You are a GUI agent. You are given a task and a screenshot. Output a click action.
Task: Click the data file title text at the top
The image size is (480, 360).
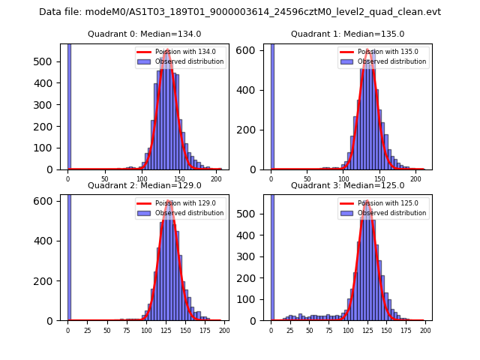tap(240, 12)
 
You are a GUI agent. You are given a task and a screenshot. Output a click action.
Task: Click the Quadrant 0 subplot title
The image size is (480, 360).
tap(145, 34)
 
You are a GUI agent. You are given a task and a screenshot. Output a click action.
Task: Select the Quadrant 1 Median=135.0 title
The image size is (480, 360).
tap(347, 34)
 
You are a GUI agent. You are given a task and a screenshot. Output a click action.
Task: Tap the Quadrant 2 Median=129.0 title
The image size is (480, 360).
tap(145, 185)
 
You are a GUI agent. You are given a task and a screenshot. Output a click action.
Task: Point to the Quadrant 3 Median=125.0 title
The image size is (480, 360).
tap(347, 185)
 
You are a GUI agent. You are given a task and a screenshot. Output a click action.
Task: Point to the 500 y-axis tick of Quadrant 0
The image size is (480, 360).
tap(51, 61)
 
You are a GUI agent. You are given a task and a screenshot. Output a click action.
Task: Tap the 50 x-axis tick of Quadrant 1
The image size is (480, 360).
tap(307, 178)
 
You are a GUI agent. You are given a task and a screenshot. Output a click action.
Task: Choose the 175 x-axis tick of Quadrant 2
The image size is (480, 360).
tap(204, 330)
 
